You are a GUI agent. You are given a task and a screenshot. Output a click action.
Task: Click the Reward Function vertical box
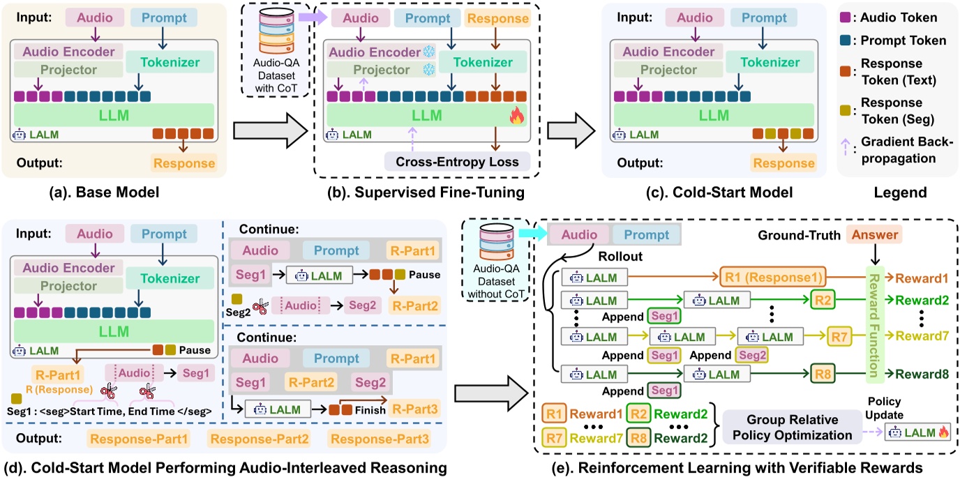[x=874, y=319]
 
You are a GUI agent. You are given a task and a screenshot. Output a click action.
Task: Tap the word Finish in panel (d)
[x=368, y=410]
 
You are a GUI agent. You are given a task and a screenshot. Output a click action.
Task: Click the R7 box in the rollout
[x=839, y=335]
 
